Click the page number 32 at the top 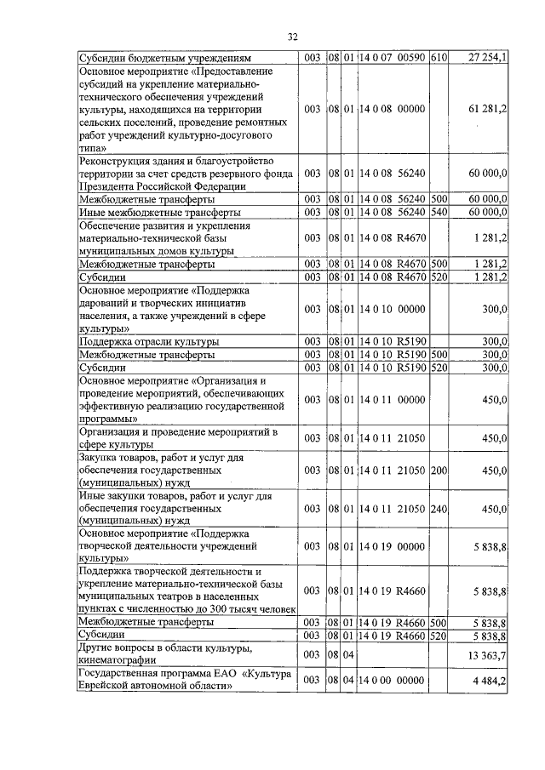[292, 37]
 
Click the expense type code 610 [439, 58]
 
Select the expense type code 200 [439, 470]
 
